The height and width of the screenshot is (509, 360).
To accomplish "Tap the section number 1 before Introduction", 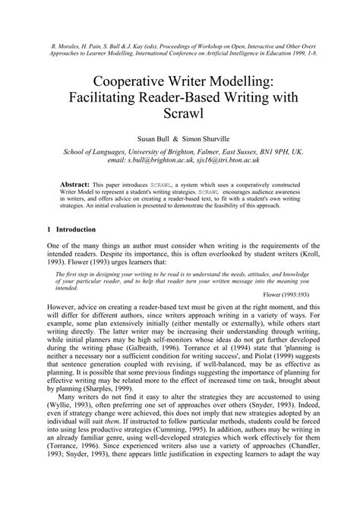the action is (x=49, y=229).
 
